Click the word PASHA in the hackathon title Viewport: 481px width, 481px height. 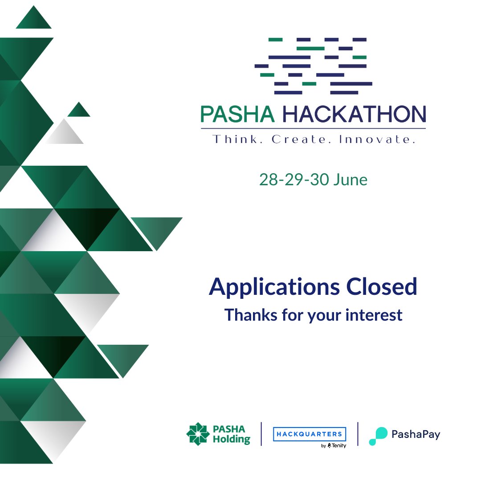237,114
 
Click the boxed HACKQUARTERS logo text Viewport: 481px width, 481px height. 309,434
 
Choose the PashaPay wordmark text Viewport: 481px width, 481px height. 416,434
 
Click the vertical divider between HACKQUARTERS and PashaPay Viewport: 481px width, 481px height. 358,434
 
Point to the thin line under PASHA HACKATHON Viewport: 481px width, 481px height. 313,129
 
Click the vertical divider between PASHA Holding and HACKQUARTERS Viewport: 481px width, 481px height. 261,434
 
